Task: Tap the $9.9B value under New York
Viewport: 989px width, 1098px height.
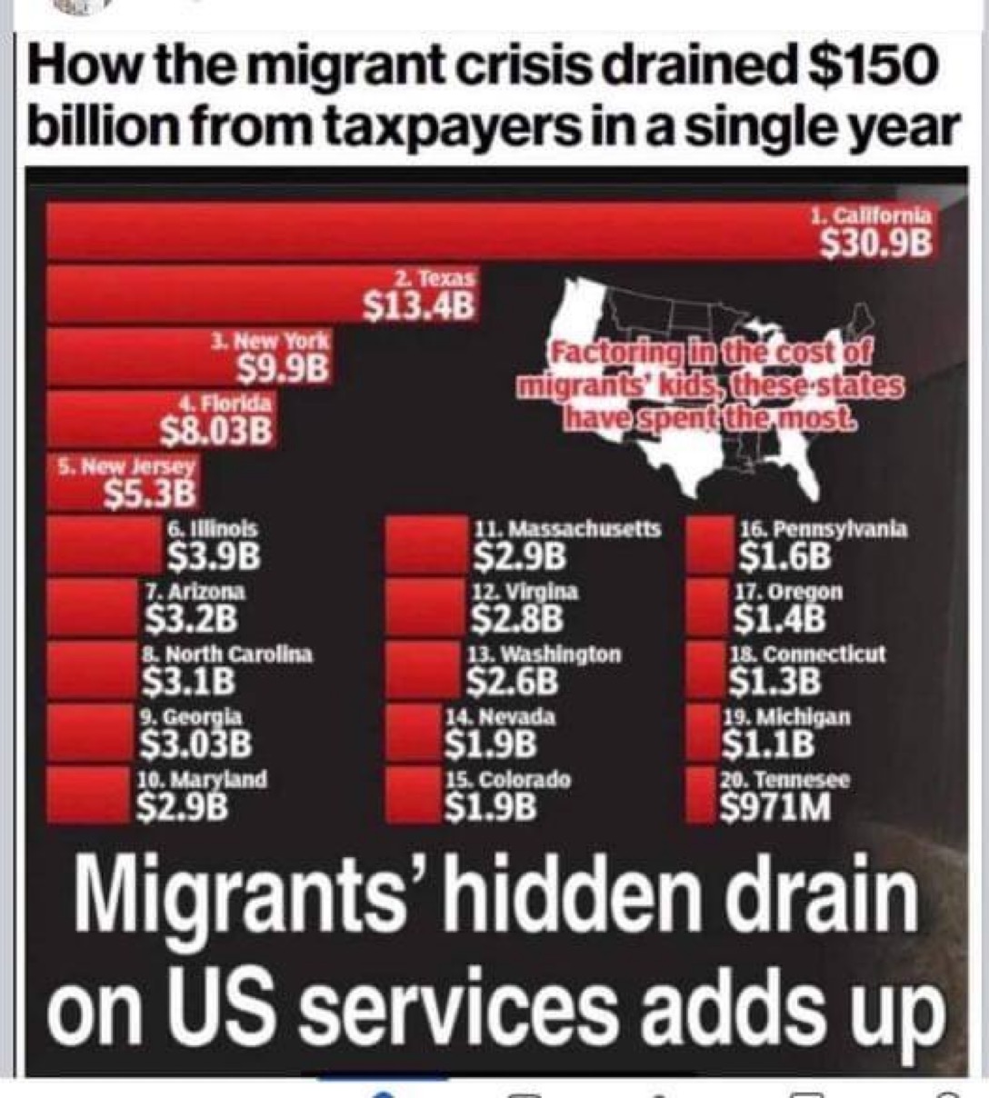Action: pos(283,367)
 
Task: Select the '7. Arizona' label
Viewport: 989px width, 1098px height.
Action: pos(194,591)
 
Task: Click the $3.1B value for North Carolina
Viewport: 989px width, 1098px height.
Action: pos(188,679)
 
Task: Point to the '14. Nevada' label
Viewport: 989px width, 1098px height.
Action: pos(500,717)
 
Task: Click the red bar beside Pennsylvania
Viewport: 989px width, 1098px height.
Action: pos(709,544)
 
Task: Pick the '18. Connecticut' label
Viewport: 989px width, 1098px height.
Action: pos(806,654)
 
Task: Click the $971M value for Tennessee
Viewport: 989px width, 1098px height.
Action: pos(775,806)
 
